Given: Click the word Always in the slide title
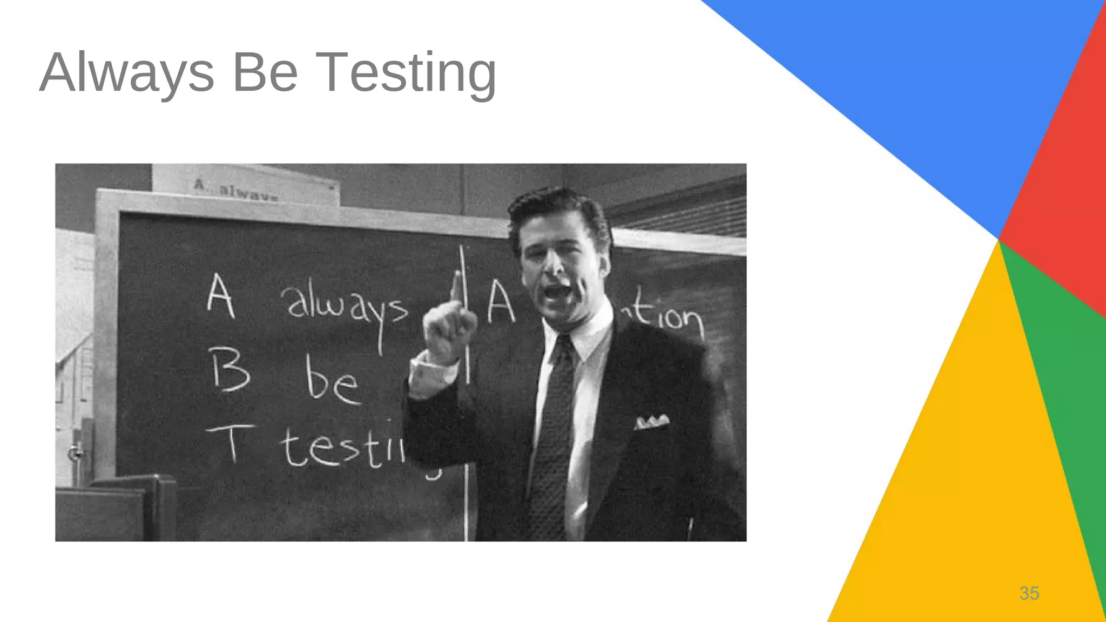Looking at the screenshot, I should pyautogui.click(x=127, y=73).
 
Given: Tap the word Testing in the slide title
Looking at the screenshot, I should pyautogui.click(x=405, y=73).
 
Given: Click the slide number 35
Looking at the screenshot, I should pyautogui.click(x=1029, y=593).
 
